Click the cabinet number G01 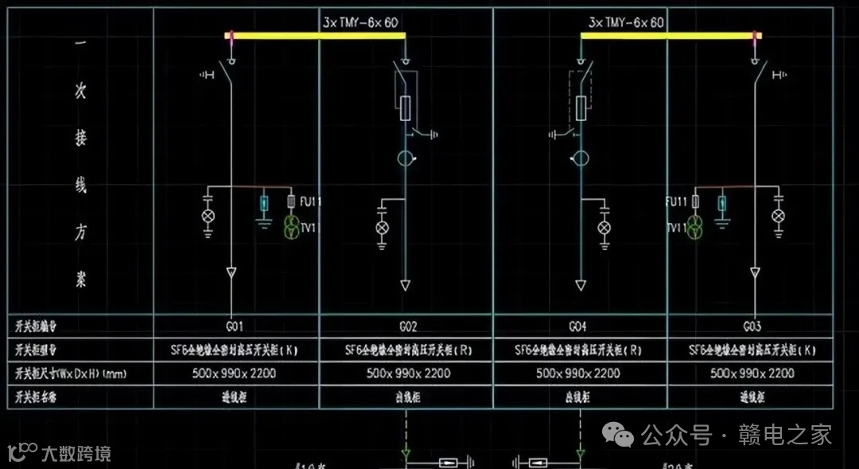pyautogui.click(x=233, y=326)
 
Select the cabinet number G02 pyautogui.click(x=407, y=326)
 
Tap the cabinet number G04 pyautogui.click(x=579, y=326)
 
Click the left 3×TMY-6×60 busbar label pyautogui.click(x=361, y=23)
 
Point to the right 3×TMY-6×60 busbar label pyautogui.click(x=626, y=23)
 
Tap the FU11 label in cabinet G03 pyautogui.click(x=677, y=202)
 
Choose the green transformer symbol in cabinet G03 pyautogui.click(x=696, y=227)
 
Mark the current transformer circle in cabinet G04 pyautogui.click(x=581, y=159)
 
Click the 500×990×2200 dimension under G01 pyautogui.click(x=235, y=373)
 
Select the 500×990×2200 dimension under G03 pyautogui.click(x=752, y=373)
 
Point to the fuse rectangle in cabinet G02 pyautogui.click(x=406, y=107)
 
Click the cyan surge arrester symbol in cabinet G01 pyautogui.click(x=265, y=204)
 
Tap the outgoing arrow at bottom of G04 pyautogui.click(x=581, y=285)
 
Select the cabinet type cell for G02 pyautogui.click(x=407, y=349)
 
